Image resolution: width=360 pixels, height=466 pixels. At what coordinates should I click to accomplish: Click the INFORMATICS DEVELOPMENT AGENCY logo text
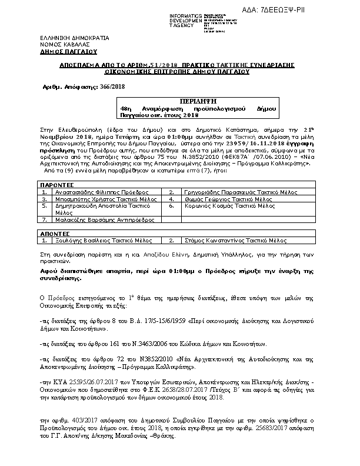click(x=185, y=19)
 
